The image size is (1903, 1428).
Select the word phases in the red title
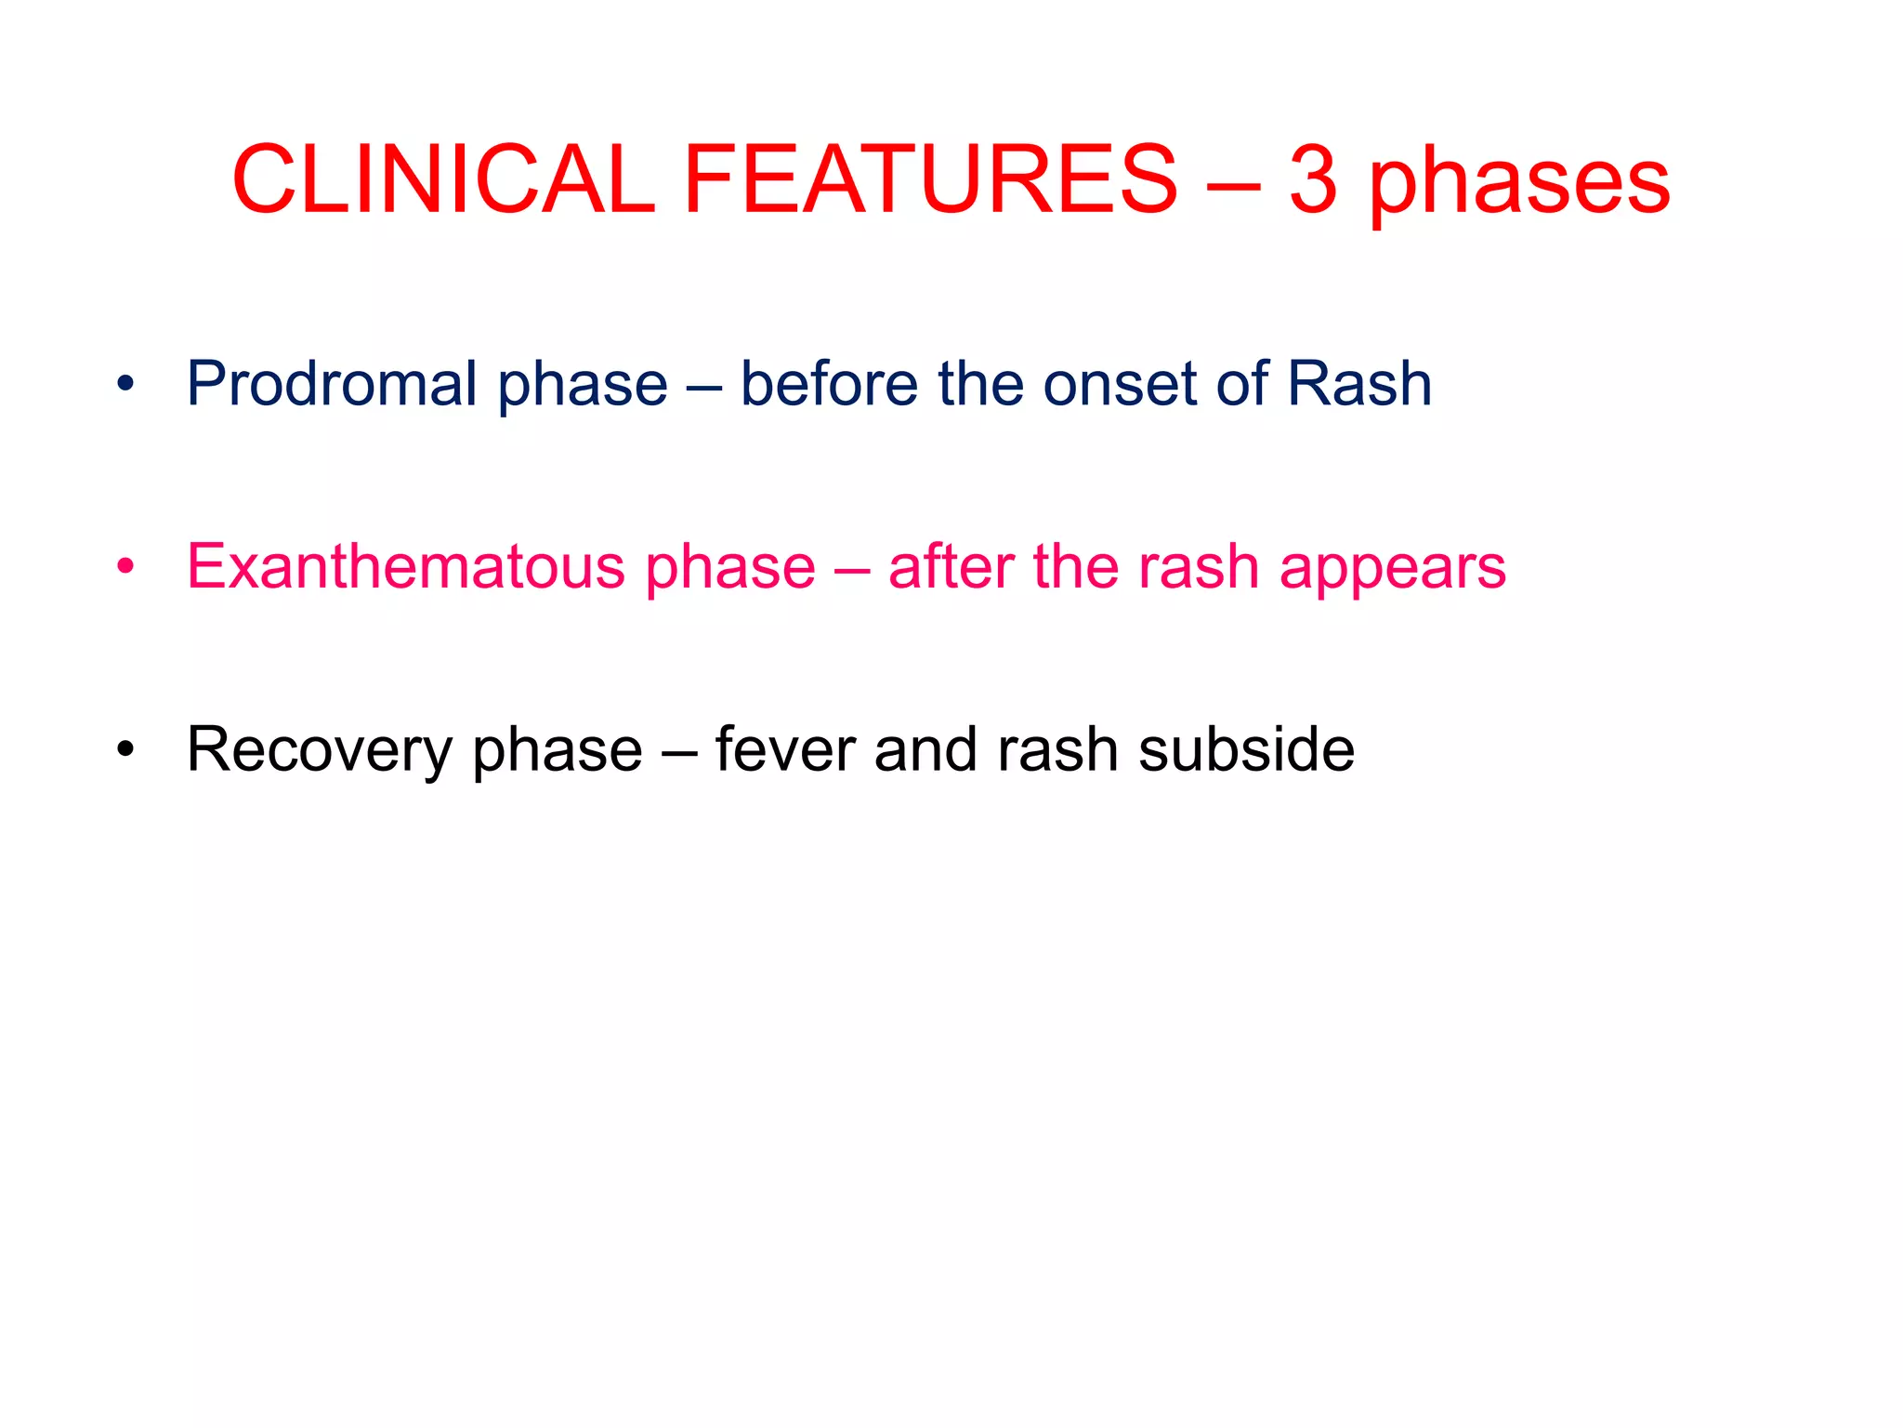click(x=1520, y=182)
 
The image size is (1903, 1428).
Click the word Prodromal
click(x=332, y=383)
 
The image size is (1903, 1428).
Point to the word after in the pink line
click(x=951, y=566)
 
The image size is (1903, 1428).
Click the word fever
click(x=784, y=749)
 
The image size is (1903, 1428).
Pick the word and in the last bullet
click(x=925, y=749)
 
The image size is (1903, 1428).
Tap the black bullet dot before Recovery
click(x=125, y=748)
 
